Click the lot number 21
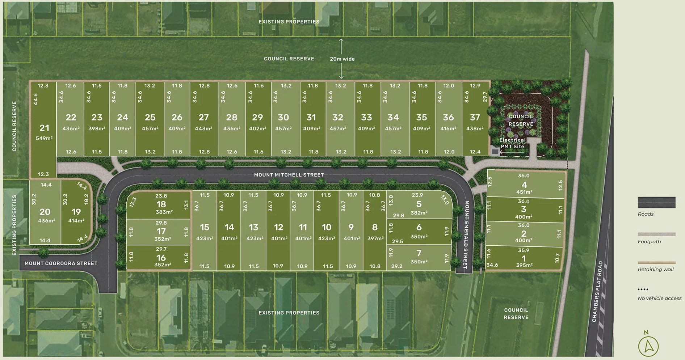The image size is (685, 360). point(44,128)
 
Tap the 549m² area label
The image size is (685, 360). point(44,138)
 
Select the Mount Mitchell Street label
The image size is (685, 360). point(289,175)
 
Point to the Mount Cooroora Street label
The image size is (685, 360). point(61,263)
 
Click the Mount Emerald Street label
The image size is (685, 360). point(466,234)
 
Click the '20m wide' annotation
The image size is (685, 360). point(342,59)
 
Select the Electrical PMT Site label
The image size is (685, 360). point(512,143)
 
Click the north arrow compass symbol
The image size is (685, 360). point(648,346)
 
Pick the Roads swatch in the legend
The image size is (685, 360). point(656,202)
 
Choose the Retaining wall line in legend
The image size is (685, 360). point(656,263)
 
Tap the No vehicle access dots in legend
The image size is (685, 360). point(643,289)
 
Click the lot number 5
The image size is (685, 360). point(419,204)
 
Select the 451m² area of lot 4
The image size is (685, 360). point(524,192)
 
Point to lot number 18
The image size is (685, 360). point(161,204)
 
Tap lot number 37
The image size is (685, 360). point(475,117)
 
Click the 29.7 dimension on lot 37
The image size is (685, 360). point(485,97)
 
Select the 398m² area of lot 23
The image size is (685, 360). point(97,129)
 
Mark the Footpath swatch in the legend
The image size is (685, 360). point(656,234)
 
